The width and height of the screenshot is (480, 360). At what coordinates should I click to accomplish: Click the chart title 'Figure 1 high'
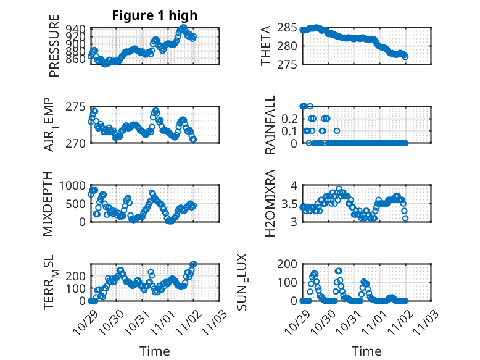click(154, 15)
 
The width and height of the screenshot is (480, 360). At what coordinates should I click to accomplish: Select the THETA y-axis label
click(265, 46)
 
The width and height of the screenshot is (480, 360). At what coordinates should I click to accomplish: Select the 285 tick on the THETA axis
click(289, 28)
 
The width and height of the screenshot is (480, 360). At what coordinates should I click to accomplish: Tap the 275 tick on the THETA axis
click(289, 64)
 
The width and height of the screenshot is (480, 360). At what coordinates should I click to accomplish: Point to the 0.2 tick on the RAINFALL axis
click(291, 118)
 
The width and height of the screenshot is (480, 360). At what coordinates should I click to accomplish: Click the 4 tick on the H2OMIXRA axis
click(295, 185)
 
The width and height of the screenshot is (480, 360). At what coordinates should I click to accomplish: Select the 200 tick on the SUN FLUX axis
click(289, 264)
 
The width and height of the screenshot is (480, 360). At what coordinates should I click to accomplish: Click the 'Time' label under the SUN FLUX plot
click(366, 351)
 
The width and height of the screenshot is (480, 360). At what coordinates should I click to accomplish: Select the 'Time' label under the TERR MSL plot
click(155, 351)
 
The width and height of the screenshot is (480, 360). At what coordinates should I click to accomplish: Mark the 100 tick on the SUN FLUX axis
click(289, 282)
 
